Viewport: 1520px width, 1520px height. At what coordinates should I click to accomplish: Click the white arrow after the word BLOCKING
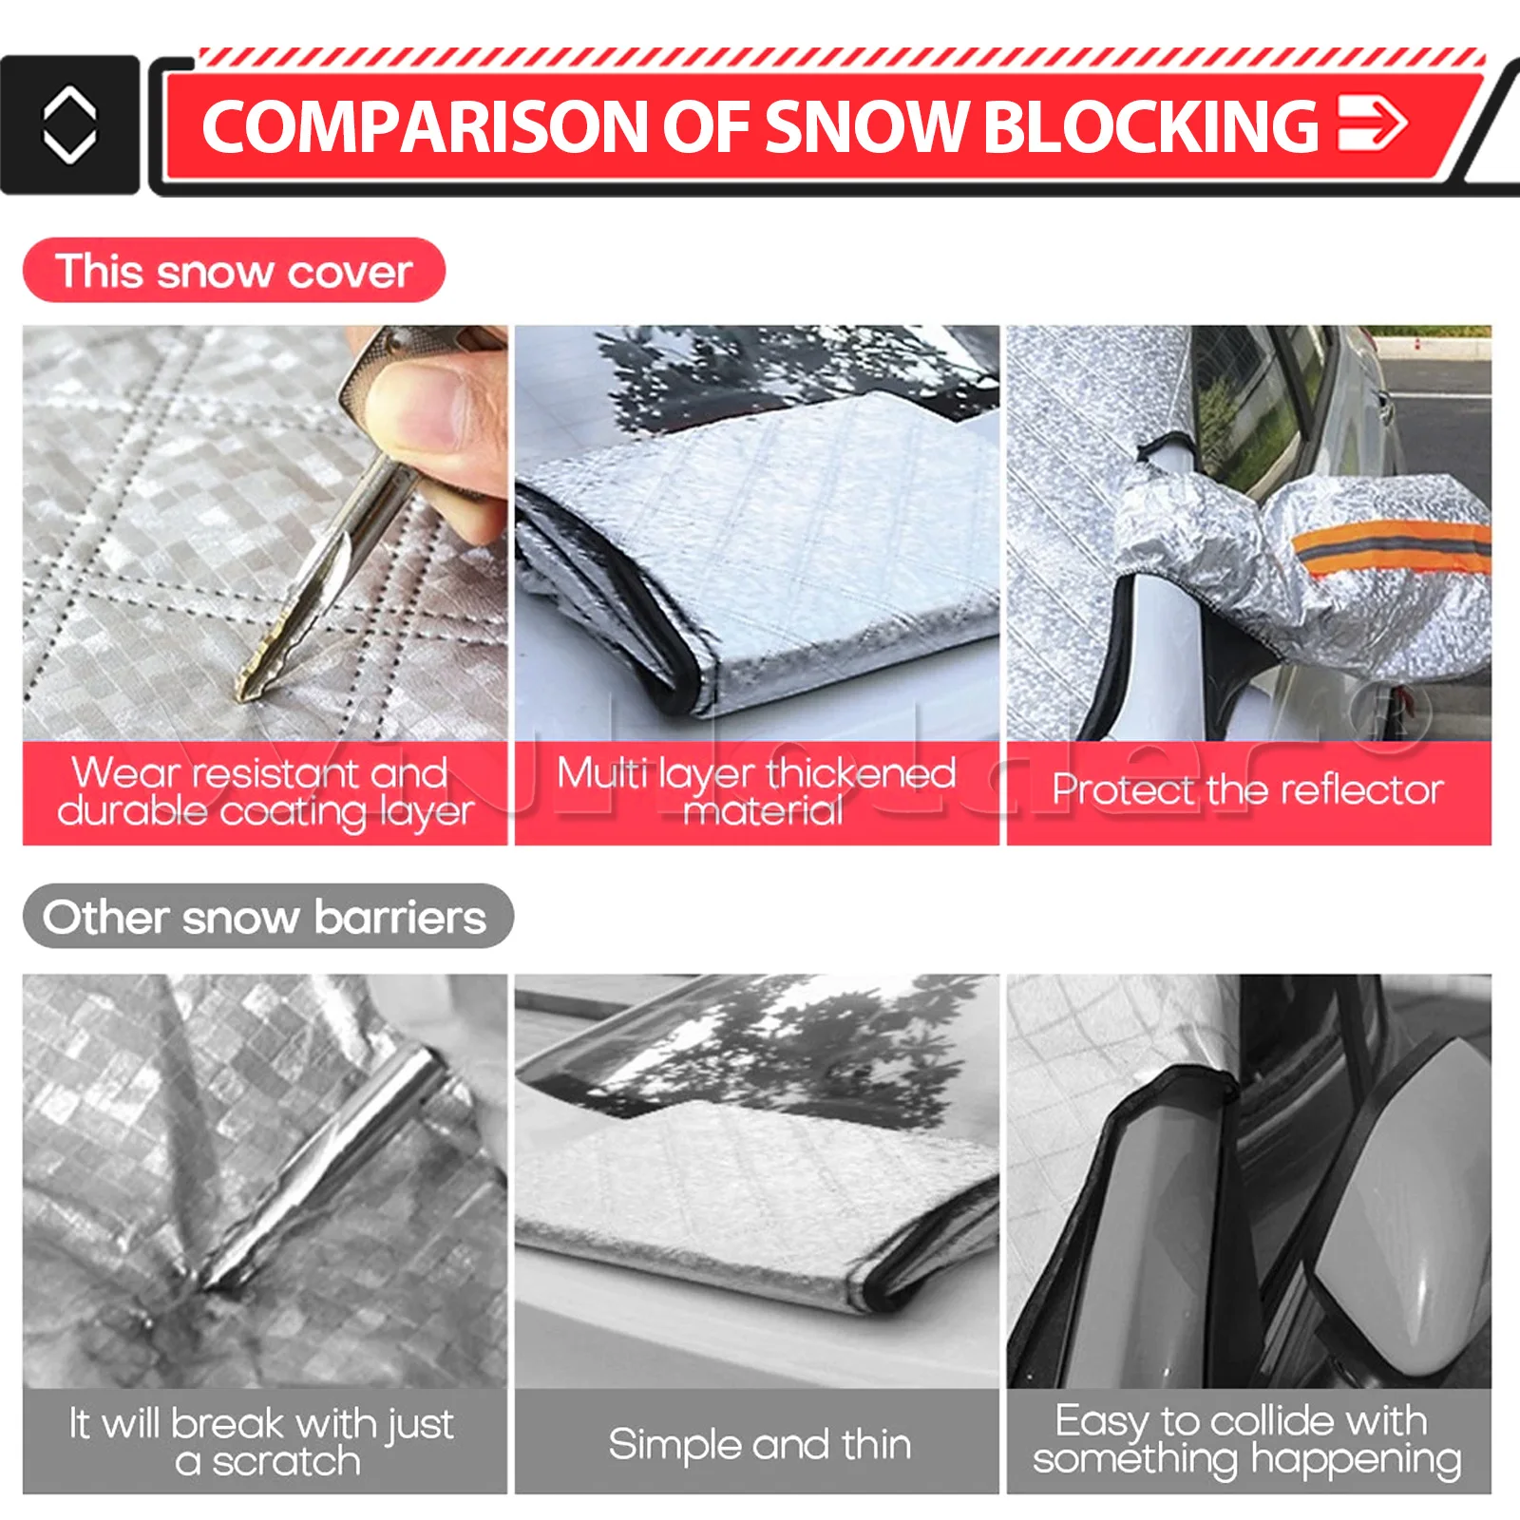[x=1372, y=124]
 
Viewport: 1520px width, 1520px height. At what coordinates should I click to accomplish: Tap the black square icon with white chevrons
[x=69, y=124]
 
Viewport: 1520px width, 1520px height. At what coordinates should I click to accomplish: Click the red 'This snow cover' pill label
[x=234, y=271]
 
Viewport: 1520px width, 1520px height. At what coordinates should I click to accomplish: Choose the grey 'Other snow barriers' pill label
[x=268, y=917]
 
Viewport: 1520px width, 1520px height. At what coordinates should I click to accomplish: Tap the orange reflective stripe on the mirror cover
[x=1393, y=546]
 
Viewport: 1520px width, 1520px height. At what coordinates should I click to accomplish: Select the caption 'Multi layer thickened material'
[x=756, y=791]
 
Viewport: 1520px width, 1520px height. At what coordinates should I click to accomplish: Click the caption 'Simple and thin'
[x=759, y=1444]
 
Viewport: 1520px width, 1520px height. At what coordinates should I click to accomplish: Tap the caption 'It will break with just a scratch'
[x=262, y=1442]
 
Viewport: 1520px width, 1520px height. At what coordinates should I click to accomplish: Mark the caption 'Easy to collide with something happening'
[x=1246, y=1440]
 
